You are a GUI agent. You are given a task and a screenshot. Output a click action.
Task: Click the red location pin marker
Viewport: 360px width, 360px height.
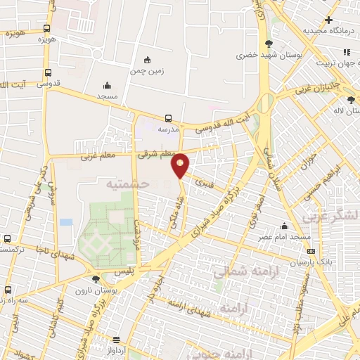pyautogui.click(x=181, y=164)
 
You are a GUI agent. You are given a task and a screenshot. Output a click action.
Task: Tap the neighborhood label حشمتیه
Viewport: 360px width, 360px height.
pyautogui.click(x=128, y=184)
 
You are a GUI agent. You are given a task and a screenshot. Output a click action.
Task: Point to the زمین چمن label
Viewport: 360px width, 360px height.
pyautogui.click(x=146, y=71)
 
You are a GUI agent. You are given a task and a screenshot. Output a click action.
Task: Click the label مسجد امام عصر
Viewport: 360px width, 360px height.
pyautogui.click(x=283, y=237)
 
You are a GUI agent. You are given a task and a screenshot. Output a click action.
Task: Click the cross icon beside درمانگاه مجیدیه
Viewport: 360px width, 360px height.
pyautogui.click(x=328, y=19)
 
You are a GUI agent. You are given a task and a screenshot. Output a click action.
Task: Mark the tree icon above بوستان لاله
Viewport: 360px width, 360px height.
pyautogui.click(x=351, y=99)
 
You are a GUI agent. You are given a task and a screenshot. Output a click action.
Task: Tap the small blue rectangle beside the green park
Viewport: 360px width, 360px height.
pyautogui.click(x=66, y=222)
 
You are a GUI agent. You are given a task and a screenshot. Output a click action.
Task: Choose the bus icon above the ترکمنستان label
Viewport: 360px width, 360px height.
pyautogui.click(x=6, y=239)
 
